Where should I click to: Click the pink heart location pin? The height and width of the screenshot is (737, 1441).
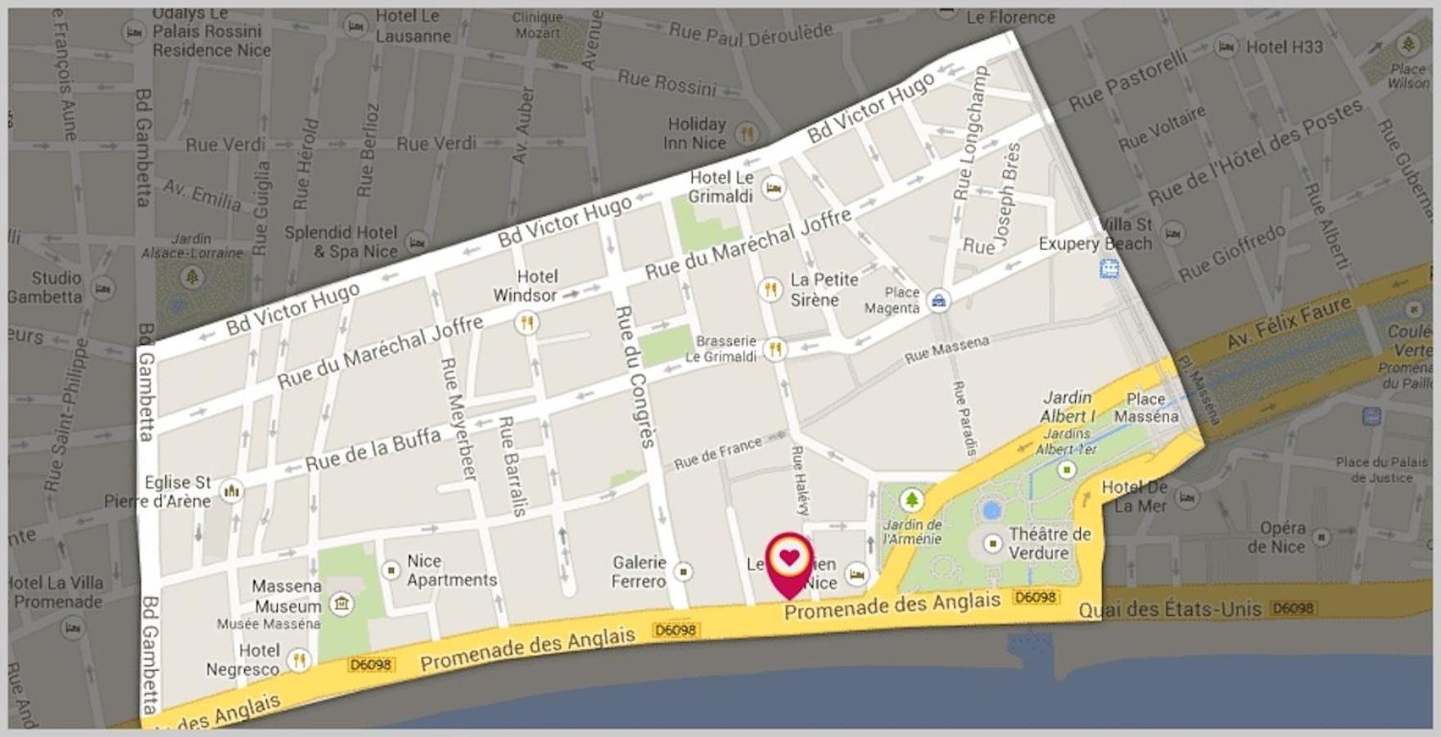[x=788, y=560]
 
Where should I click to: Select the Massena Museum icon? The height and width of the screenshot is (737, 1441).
[x=341, y=604]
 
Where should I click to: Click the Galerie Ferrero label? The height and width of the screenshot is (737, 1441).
[x=639, y=572]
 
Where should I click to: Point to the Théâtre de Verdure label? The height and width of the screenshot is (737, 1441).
[x=1050, y=544]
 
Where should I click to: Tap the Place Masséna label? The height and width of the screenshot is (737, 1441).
[x=1145, y=408]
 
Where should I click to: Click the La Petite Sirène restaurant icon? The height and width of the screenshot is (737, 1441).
[x=770, y=289]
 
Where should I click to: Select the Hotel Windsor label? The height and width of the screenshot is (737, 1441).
[x=525, y=286]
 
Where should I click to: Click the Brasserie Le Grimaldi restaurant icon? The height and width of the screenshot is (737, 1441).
[x=774, y=350]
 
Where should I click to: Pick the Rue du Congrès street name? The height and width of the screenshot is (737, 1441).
[x=637, y=376]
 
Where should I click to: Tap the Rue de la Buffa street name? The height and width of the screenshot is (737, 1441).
[x=373, y=450]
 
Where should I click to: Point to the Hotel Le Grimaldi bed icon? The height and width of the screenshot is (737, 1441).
[x=773, y=188]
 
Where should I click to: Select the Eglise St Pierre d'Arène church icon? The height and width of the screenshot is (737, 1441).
[x=232, y=491]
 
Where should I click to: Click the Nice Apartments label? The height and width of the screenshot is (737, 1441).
[x=451, y=571]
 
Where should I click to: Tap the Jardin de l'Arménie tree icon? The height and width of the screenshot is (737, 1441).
[x=911, y=500]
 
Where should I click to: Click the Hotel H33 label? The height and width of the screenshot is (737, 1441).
[x=1284, y=47]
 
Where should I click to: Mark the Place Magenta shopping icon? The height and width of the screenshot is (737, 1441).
[x=938, y=301]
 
